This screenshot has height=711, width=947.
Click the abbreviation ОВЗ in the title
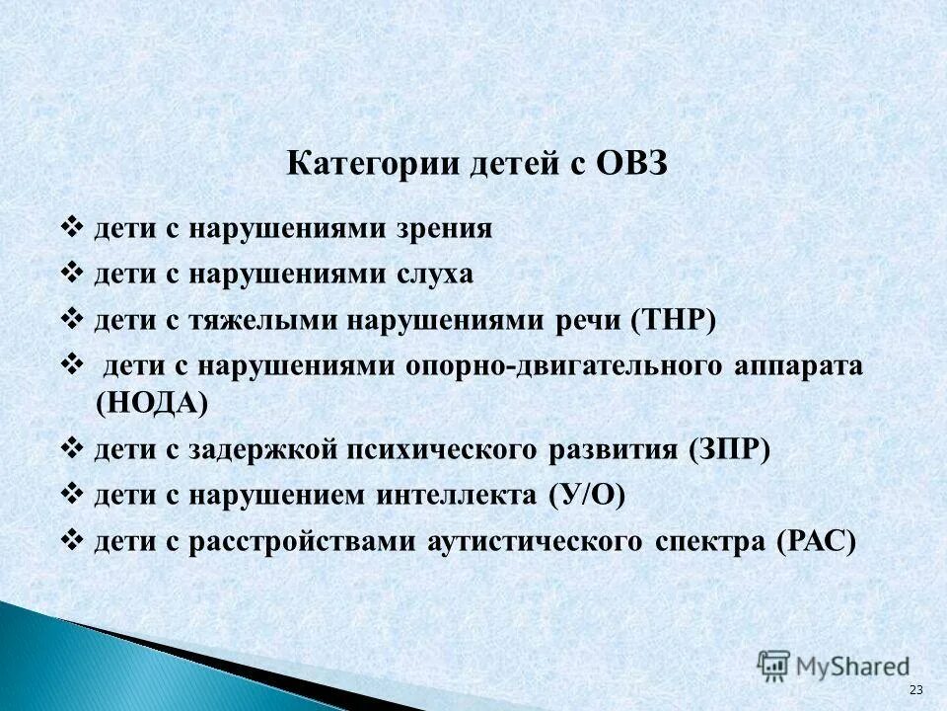[630, 162]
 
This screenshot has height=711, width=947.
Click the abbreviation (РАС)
[815, 542]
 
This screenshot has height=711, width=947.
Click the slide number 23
[914, 688]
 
